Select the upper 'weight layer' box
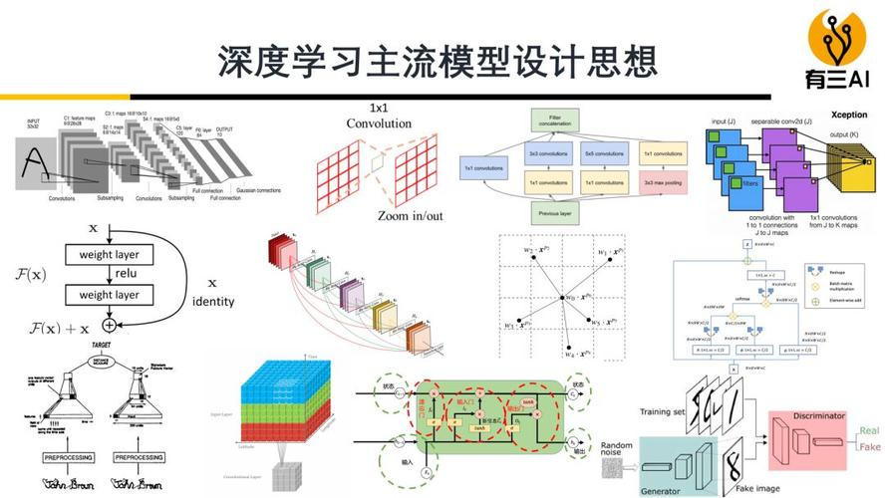[110, 255]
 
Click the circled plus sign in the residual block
[110, 324]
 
